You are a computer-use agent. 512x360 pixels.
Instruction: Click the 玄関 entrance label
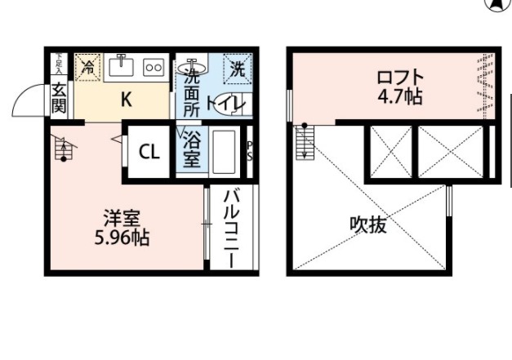click(x=59, y=96)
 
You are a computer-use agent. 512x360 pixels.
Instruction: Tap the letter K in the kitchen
click(x=126, y=99)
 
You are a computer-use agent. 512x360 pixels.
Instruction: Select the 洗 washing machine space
click(x=237, y=69)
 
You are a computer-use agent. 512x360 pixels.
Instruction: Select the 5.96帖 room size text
click(x=122, y=240)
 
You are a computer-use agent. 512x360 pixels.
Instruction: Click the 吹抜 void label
click(x=368, y=225)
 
